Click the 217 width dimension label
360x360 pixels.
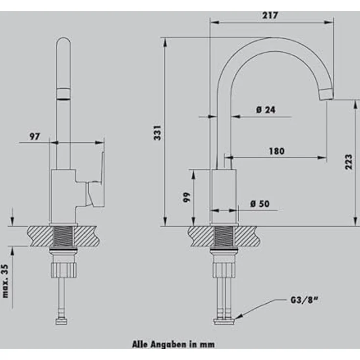270,15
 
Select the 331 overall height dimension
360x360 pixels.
157,133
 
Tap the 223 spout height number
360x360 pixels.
349,162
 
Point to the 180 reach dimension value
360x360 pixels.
277,151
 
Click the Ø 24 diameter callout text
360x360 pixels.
266,110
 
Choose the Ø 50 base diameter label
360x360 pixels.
260,203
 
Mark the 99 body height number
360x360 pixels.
187,197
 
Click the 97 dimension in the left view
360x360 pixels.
35,136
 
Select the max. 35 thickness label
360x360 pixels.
5,281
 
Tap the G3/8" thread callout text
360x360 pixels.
305,300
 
